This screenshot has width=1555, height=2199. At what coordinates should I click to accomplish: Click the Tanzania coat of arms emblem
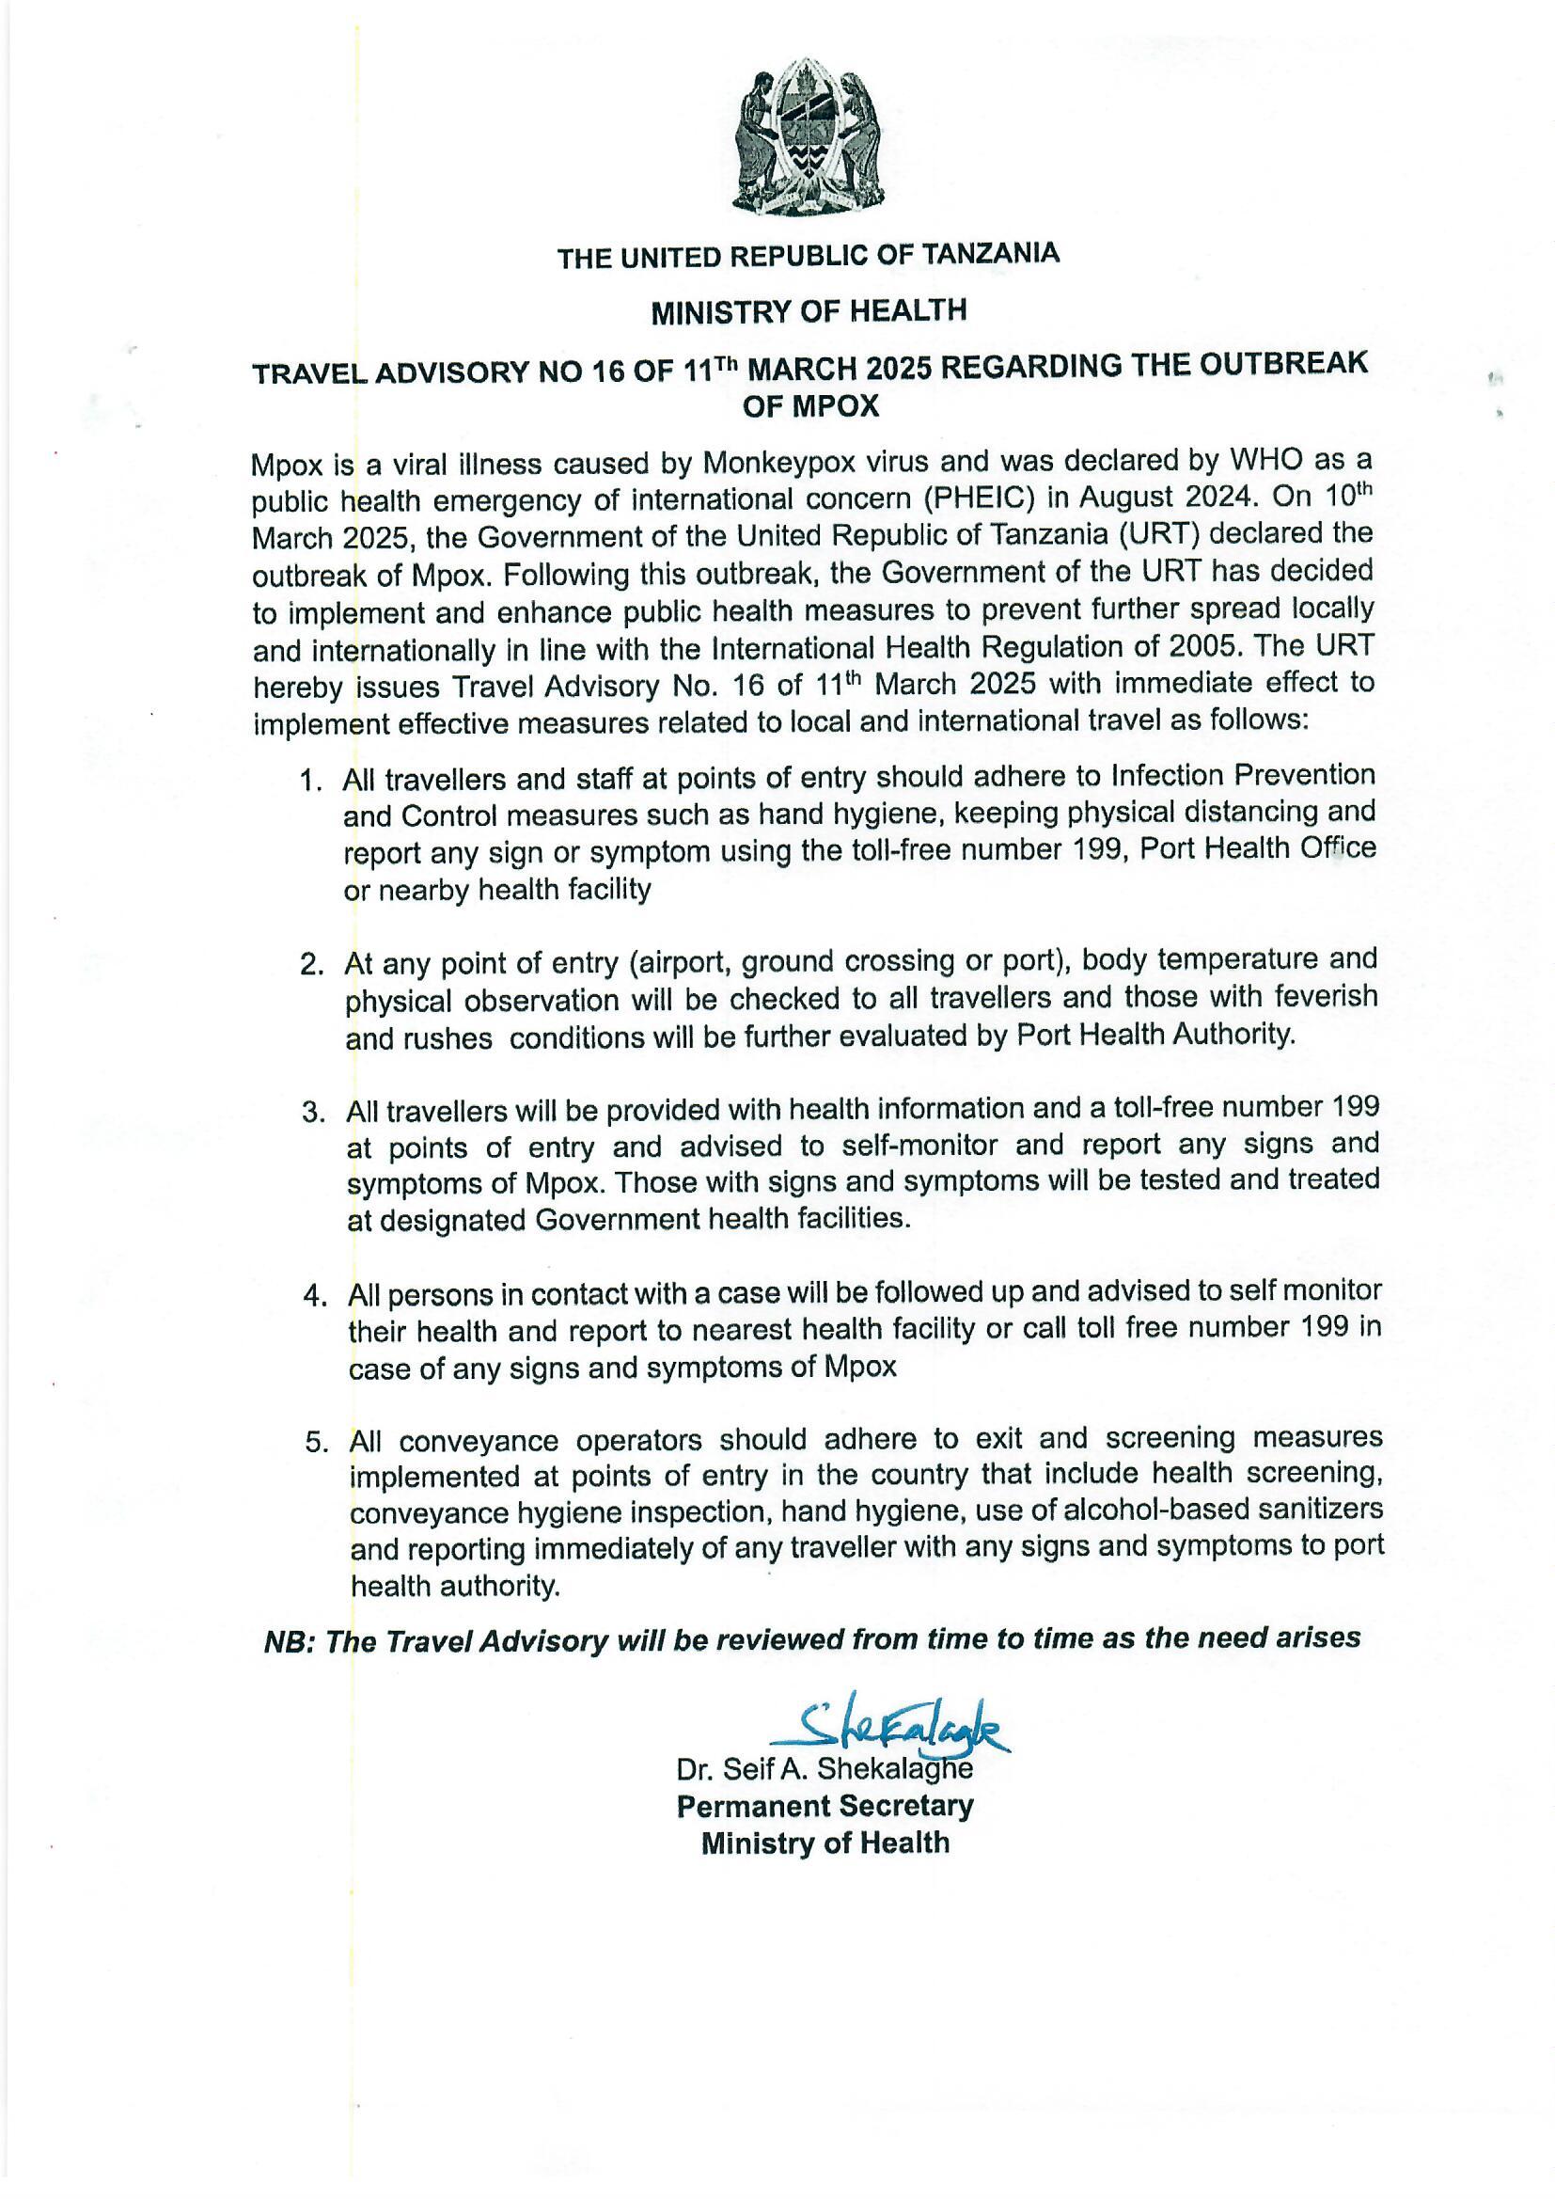pyautogui.click(x=807, y=139)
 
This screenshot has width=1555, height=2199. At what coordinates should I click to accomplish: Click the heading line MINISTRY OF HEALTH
pyautogui.click(x=809, y=311)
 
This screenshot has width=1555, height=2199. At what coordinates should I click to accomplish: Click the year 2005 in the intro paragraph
pyautogui.click(x=1202, y=646)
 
